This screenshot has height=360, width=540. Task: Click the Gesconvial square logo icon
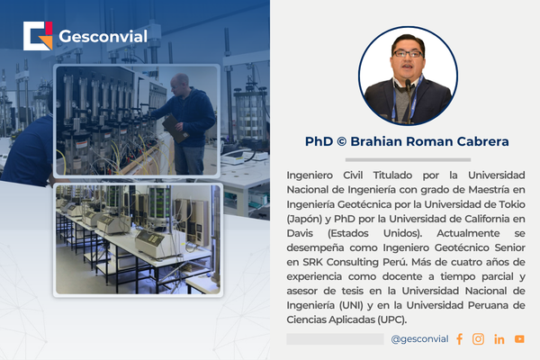pyautogui.click(x=38, y=36)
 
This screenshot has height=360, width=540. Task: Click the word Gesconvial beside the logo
pyautogui.click(x=103, y=37)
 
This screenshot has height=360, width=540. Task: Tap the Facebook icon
pyautogui.click(x=459, y=339)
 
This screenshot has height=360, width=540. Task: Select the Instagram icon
pyautogui.click(x=478, y=339)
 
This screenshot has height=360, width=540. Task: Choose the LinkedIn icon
pyautogui.click(x=499, y=339)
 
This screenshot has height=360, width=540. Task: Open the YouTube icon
pyautogui.click(x=519, y=339)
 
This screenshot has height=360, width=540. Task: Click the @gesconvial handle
pyautogui.click(x=419, y=339)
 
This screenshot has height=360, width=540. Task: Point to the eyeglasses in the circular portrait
pyautogui.click(x=408, y=54)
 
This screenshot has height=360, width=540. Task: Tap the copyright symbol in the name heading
pyautogui.click(x=342, y=141)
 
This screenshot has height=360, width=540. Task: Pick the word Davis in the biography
pyautogui.click(x=300, y=233)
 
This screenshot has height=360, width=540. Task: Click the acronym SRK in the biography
pyautogui.click(x=312, y=262)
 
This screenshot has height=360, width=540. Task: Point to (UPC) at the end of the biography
pyautogui.click(x=391, y=319)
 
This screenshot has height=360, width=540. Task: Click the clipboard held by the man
pyautogui.click(x=175, y=129)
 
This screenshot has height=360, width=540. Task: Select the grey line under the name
pyautogui.click(x=408, y=160)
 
